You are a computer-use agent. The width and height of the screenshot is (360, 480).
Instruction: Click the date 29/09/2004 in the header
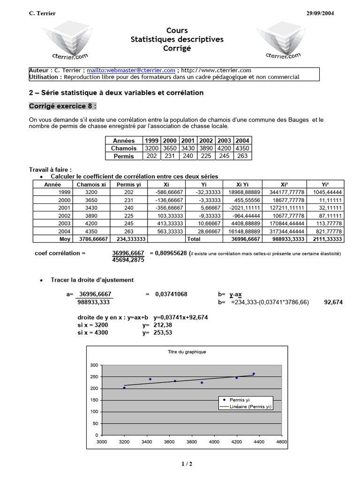[317, 13]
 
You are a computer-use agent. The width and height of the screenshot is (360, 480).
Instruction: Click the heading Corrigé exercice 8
[63, 106]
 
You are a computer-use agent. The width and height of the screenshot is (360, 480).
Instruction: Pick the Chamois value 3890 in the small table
[206, 148]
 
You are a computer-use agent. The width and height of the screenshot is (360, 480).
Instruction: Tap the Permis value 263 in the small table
[242, 156]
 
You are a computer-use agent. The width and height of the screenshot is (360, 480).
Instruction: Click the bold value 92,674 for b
[333, 302]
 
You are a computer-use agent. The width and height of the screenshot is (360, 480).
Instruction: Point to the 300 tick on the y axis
[94, 365]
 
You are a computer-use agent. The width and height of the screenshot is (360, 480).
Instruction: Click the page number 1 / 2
[187, 464]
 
